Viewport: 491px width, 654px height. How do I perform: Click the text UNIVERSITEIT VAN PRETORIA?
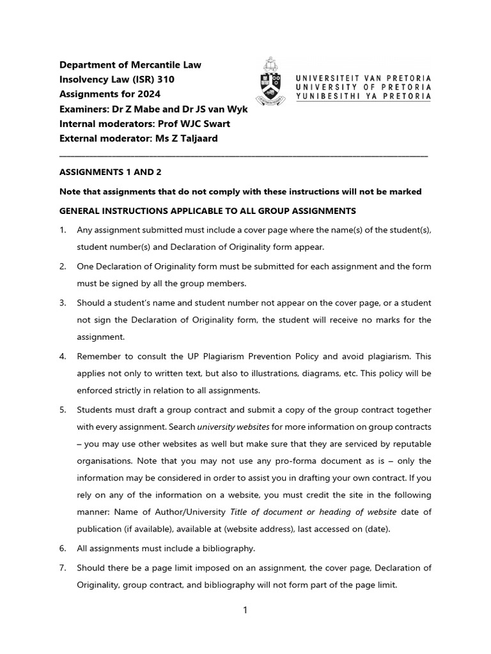pos(362,77)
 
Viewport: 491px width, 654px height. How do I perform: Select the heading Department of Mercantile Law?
pos(130,65)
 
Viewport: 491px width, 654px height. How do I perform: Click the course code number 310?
pos(164,79)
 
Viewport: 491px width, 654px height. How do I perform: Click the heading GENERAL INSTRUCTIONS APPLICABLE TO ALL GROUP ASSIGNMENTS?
pos(208,211)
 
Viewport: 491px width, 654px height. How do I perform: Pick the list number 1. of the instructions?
pos(63,230)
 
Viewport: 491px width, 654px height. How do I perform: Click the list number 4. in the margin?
pos(63,356)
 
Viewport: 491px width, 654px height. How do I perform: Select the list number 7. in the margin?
pos(63,567)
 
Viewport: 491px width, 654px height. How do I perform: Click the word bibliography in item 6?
pos(227,548)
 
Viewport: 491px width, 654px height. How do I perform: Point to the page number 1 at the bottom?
pos(245,610)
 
